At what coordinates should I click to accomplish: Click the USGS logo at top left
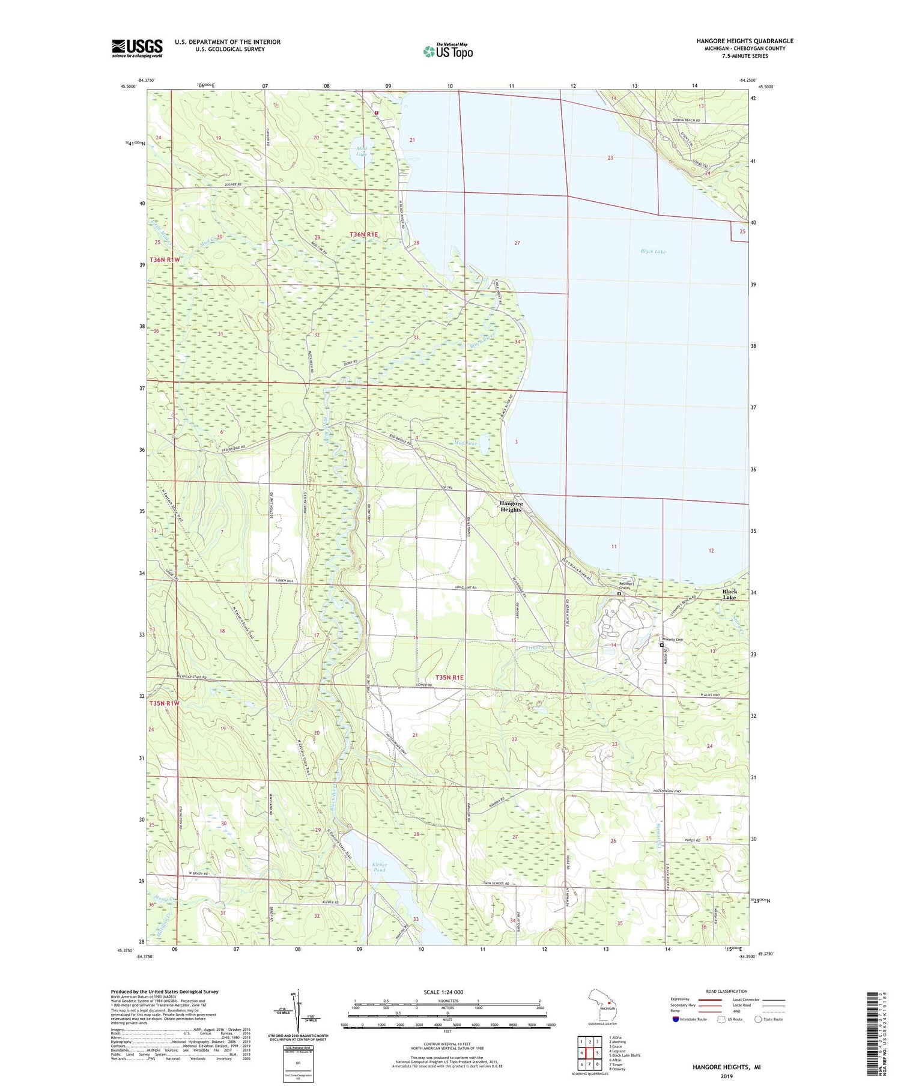[x=137, y=48]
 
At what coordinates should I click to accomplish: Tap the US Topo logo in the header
[x=447, y=52]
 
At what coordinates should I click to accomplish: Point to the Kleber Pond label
[x=380, y=867]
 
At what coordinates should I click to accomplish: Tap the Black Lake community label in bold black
[x=729, y=594]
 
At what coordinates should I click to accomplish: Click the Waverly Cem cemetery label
[x=673, y=640]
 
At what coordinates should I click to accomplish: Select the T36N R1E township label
[x=364, y=234]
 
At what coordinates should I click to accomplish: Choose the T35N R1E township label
[x=449, y=677]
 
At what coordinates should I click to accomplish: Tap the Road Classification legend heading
[x=727, y=991]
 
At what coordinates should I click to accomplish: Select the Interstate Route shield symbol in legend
[x=676, y=1019]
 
